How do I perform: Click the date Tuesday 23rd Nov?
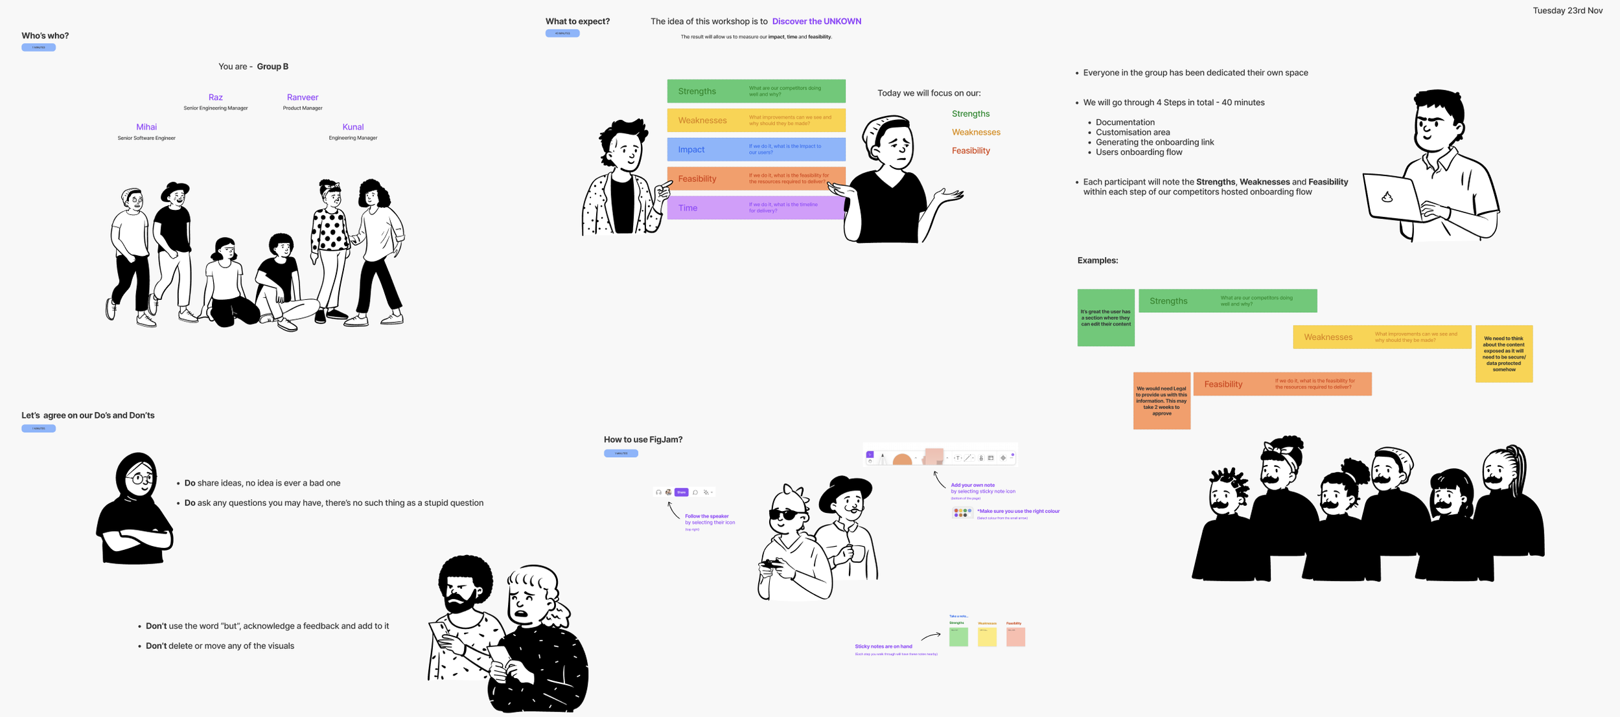pos(1567,10)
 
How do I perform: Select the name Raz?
pos(216,97)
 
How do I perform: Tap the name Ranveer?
pos(303,97)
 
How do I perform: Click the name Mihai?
pos(146,127)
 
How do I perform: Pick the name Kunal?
pos(353,127)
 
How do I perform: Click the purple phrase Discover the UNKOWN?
pos(816,21)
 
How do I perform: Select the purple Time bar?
pos(756,208)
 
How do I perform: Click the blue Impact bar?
pos(756,150)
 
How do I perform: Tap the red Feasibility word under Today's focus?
pos(971,151)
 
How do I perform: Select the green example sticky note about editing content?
pos(1105,317)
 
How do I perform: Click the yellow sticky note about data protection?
pos(1503,354)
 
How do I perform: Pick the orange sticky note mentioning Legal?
pos(1161,400)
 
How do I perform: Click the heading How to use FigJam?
pos(643,440)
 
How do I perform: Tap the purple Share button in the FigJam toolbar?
pos(681,492)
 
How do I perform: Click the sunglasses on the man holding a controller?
pos(787,515)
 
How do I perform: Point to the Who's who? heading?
pos(45,36)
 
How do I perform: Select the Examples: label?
pos(1098,260)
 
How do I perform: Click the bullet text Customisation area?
pos(1133,132)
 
